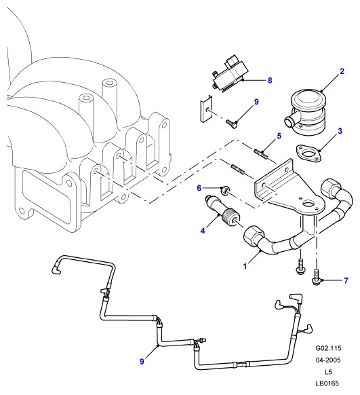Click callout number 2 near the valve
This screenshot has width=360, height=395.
coord(342,71)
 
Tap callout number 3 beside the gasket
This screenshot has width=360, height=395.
coord(340,131)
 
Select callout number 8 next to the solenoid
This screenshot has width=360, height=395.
coord(270,80)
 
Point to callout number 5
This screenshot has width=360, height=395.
coord(279,136)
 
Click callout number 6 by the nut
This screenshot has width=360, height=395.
coord(199,188)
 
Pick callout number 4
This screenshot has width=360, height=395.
coord(203,231)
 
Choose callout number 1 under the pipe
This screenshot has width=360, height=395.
coord(245,266)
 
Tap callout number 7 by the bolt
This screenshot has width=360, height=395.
coord(346,280)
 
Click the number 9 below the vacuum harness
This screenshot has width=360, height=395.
coord(142,362)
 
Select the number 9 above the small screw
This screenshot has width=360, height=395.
coord(256,102)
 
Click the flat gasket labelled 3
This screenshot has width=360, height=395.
coord(309,153)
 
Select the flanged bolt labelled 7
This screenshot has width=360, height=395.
coord(316,277)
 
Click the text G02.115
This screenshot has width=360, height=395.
coord(328,348)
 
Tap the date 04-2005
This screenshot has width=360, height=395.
coord(328,360)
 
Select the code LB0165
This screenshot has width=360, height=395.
coord(327,383)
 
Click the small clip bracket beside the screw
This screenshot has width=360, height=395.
coord(205,109)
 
